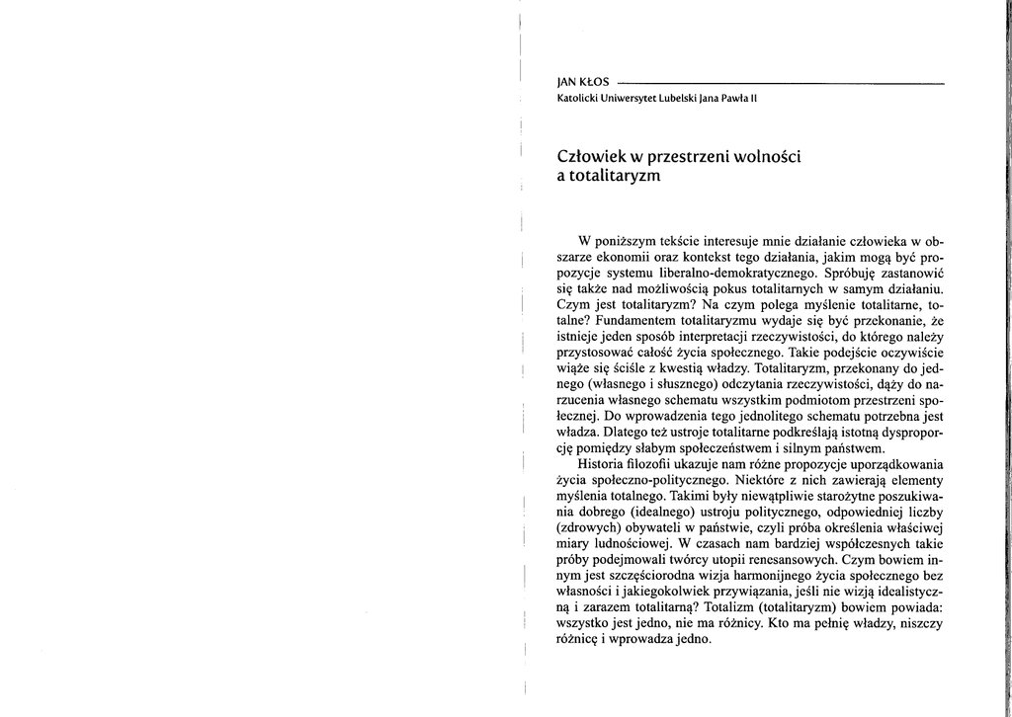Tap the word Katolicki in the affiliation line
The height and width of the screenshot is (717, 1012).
580,99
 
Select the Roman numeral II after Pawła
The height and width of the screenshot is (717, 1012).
752,99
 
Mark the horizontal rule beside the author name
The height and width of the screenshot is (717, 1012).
781,82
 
